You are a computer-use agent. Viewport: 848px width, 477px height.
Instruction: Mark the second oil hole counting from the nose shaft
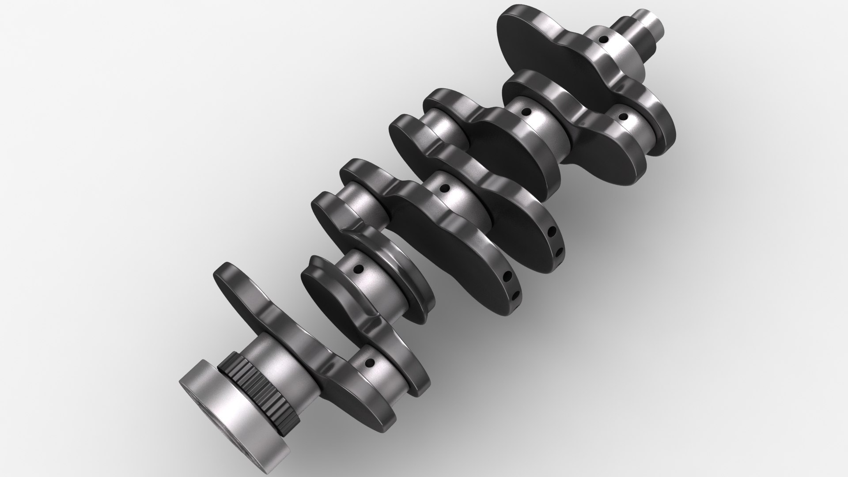point(623,117)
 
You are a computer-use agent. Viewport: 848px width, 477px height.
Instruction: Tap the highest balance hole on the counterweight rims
point(552,231)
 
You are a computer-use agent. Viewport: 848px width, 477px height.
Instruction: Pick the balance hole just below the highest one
point(558,252)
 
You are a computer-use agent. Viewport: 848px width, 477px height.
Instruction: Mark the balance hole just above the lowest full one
point(507,277)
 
